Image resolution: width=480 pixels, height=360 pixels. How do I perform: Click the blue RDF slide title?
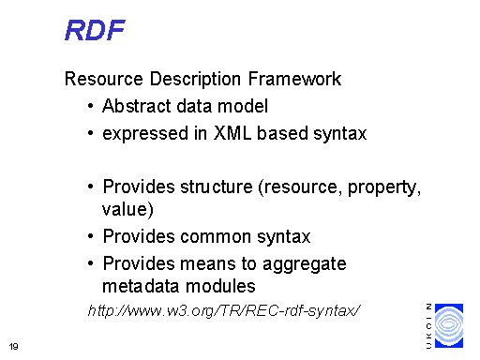(95, 30)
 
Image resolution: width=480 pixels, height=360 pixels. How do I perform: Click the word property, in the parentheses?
(384, 187)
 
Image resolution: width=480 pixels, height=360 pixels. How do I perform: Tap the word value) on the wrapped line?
(127, 209)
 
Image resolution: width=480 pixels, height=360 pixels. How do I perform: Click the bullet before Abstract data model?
(87, 106)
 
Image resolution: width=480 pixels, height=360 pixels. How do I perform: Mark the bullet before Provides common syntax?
(87, 236)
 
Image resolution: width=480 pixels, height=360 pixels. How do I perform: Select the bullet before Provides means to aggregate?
(87, 263)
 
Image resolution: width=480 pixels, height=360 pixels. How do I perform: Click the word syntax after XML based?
(340, 133)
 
